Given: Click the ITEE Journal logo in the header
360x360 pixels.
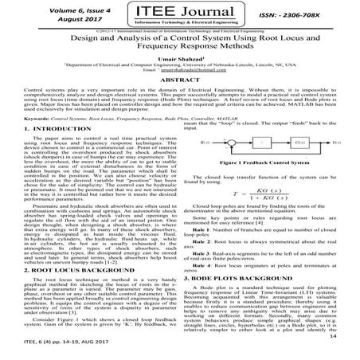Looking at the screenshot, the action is tap(180, 15).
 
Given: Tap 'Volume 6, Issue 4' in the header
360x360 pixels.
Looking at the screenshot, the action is tap(49, 9).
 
